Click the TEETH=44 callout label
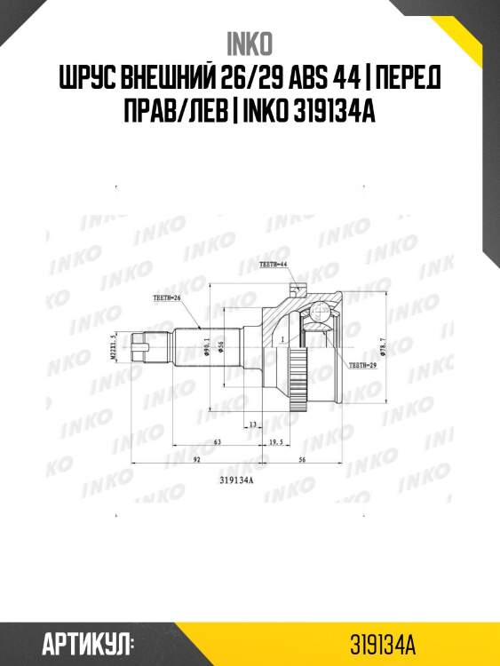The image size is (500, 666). pos(274,265)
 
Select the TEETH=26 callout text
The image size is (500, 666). pos(166,299)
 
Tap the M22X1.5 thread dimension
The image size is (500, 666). pos(115,348)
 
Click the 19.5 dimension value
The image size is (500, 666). pos(275,440)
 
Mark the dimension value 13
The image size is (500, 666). pos(252,424)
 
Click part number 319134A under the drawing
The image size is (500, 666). pos(236,481)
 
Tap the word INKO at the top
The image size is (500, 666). pos(250,43)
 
